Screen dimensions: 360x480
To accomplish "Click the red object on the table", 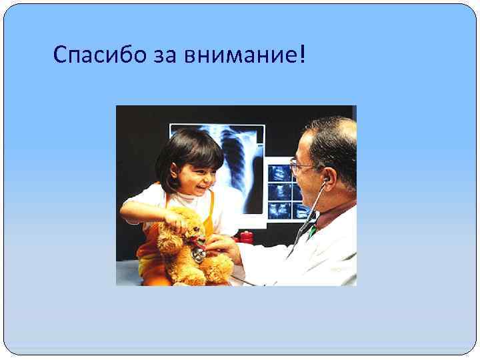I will coord(246,237).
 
